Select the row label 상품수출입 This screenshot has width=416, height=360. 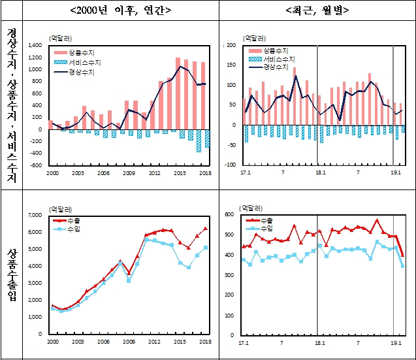(11, 274)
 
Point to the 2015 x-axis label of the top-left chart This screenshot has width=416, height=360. (178, 172)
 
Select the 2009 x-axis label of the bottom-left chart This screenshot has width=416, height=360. (129, 342)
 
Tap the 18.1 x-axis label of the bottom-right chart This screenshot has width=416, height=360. (320, 342)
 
